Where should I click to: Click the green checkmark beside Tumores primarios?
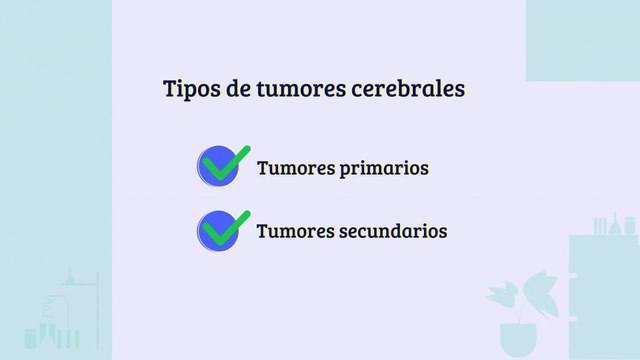228,161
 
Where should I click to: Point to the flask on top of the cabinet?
617,224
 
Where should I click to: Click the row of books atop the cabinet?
600,225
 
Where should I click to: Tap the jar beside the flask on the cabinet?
631,227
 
